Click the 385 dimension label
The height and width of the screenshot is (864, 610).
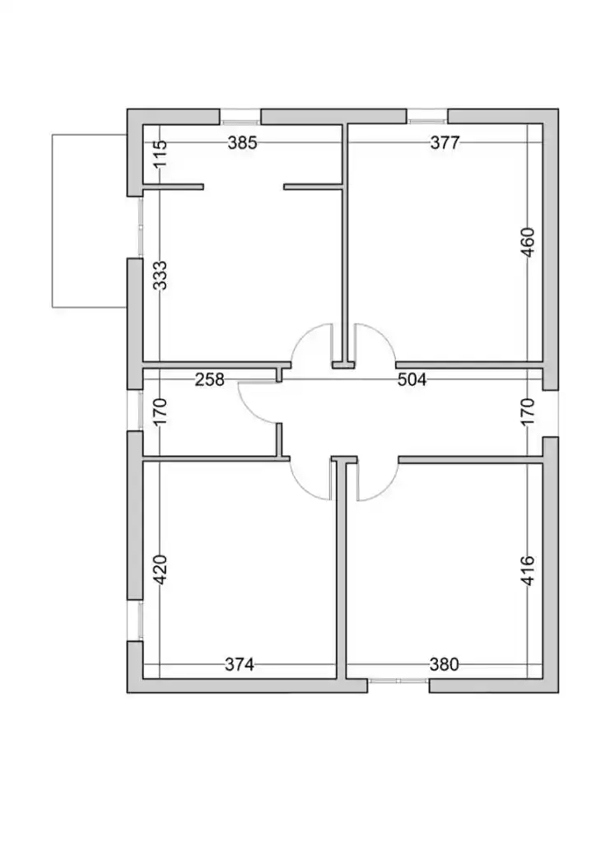click(x=243, y=143)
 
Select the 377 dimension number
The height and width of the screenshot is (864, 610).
click(x=445, y=143)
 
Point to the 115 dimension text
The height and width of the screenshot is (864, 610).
click(x=161, y=154)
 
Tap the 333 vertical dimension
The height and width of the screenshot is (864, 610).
click(x=161, y=275)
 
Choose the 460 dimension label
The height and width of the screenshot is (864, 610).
click(x=528, y=242)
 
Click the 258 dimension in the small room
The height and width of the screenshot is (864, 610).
click(x=209, y=379)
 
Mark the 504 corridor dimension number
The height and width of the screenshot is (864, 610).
click(x=412, y=379)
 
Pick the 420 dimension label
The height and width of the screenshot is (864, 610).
click(x=161, y=569)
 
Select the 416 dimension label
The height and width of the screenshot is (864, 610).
click(x=528, y=569)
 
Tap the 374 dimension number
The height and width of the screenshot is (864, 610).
click(x=240, y=664)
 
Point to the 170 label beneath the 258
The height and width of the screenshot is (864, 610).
click(x=161, y=411)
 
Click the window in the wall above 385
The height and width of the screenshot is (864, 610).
click(x=240, y=116)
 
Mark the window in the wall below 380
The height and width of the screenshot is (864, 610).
click(x=398, y=681)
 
